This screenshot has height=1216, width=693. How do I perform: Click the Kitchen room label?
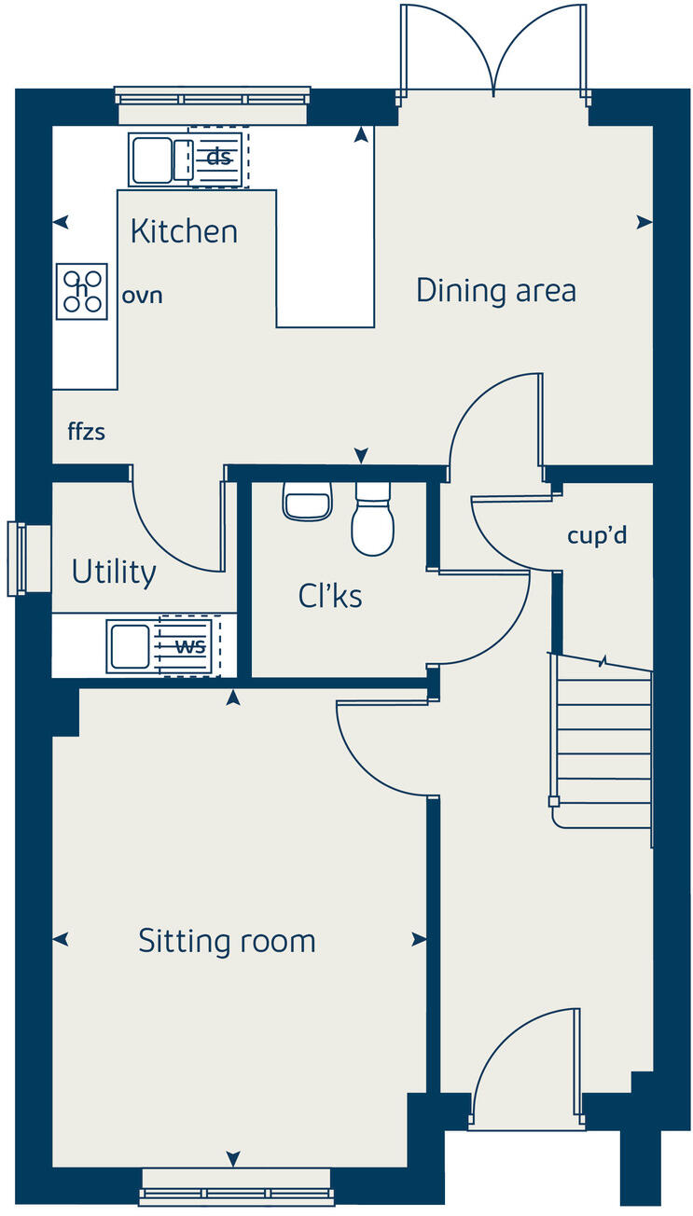184,230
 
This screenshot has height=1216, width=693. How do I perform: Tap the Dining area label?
495,290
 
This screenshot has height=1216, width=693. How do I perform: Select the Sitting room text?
227,940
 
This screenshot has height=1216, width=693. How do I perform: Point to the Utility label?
114,571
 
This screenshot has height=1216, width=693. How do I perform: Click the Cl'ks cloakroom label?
330,596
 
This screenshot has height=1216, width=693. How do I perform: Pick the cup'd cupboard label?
595,536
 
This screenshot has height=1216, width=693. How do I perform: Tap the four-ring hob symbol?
82,291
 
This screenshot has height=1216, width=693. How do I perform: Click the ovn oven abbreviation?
143,296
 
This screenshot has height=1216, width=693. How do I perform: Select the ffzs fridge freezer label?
86,432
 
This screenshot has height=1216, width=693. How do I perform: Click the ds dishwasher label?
218,158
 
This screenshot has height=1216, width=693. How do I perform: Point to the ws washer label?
190,645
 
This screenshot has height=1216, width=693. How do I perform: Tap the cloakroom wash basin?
307,503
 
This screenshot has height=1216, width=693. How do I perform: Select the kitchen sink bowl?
151,159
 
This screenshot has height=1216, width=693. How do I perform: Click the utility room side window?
17,559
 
